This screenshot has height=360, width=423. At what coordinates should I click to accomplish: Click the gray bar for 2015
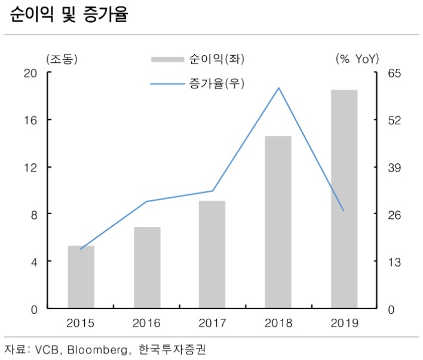pos(81,277)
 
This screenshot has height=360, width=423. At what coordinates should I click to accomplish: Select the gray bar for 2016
pos(147,268)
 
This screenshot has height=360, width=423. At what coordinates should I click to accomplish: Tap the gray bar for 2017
pos(212,254)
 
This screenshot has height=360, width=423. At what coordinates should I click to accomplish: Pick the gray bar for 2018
pos(278,222)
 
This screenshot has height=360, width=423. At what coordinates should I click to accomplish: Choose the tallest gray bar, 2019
pos(344,199)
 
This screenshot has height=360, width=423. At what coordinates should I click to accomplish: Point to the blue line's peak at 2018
pos(278,88)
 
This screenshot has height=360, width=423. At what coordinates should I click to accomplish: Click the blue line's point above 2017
pos(213,191)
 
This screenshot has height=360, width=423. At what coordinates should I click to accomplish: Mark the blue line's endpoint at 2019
pos(344,210)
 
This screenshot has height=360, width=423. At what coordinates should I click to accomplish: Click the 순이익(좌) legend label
pos(217,59)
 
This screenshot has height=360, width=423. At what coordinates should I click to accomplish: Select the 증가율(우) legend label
pos(217,84)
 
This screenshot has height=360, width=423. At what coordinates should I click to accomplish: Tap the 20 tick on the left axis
pos(30,73)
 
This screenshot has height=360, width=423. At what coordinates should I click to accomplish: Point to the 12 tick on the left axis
pos(30,167)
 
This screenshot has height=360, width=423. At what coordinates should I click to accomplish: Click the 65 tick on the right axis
pos(394,73)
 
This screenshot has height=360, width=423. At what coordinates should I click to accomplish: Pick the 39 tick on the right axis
pos(394,167)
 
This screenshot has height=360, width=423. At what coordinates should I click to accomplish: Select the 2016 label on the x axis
pos(146,323)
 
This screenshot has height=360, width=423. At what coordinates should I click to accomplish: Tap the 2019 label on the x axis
pos(345,323)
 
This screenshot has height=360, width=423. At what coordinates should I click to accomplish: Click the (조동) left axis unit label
pos(62,59)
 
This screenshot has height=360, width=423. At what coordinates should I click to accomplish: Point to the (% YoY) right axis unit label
pos(357,59)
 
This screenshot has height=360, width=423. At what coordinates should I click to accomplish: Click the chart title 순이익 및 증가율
pos(69,14)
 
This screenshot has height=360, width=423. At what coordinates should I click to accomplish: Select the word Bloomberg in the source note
pos(97,350)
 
